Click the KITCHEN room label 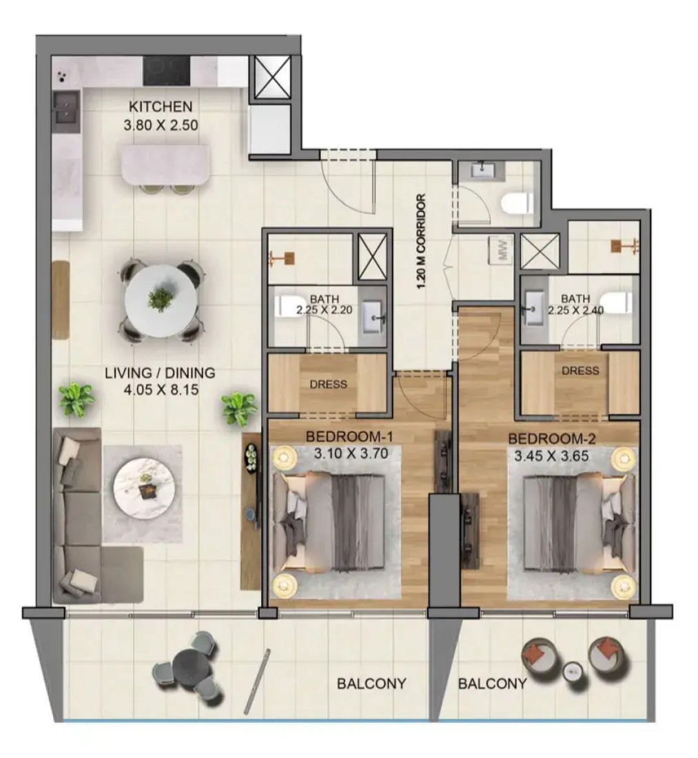161,106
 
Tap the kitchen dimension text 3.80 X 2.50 161,125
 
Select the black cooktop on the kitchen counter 166,70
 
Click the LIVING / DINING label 161,373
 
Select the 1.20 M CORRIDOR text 422,242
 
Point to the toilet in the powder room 517,203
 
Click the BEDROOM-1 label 349,437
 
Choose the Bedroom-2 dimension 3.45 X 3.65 551,456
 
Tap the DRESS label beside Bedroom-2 580,371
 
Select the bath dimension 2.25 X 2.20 325,310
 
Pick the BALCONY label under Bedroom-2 492,684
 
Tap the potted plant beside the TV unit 239,409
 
